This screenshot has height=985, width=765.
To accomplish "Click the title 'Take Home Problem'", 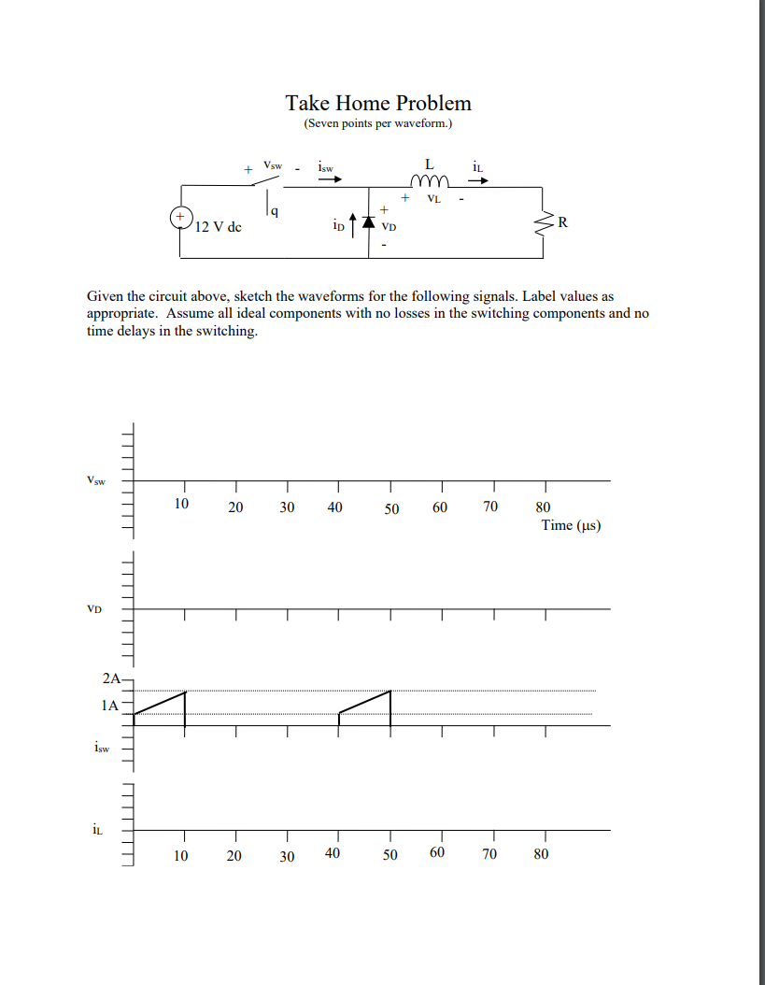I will tap(378, 103).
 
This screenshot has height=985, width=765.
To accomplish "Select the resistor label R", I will tap(560, 222).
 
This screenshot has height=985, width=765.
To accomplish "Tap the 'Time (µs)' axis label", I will tap(571, 525).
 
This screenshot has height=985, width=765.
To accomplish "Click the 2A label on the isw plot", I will tap(112, 678).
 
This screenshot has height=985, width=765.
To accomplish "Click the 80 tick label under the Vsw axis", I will tap(543, 508).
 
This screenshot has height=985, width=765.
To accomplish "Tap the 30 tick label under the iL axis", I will tap(287, 856).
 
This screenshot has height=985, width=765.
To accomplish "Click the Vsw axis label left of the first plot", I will tap(95, 481).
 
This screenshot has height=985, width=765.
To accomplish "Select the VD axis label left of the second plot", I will tap(93, 609).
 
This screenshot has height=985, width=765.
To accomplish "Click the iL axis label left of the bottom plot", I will tap(97, 828).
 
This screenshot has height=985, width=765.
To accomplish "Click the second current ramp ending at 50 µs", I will tap(365, 703).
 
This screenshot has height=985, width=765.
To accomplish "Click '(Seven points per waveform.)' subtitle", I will tap(378, 124).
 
